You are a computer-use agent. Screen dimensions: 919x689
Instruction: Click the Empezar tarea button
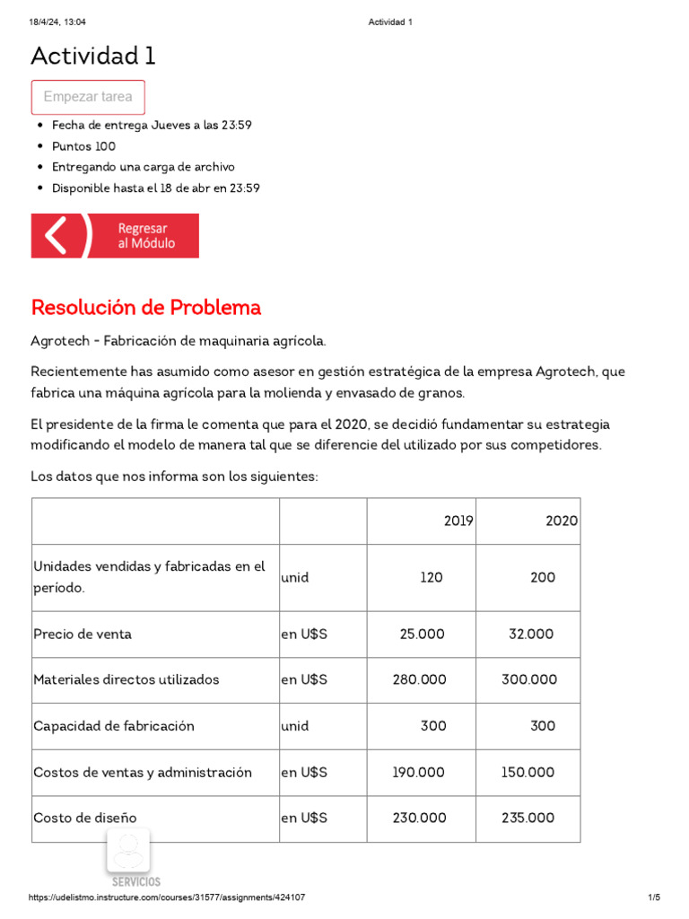88,97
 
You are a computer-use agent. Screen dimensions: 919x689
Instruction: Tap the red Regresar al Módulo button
115,236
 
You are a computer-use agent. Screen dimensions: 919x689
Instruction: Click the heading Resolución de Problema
146,308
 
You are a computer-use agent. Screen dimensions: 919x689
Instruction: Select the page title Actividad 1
93,57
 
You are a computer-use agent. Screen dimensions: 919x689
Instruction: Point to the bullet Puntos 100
83,146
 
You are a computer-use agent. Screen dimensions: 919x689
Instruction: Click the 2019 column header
458,521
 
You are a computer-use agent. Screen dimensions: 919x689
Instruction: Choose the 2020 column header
562,521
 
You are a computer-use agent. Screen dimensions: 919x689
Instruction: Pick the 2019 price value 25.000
422,635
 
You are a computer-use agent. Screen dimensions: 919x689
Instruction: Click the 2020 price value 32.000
530,635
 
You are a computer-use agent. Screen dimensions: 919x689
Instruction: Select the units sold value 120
431,578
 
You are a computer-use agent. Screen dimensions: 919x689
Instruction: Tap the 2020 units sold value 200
542,578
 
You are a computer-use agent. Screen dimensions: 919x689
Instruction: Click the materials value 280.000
419,680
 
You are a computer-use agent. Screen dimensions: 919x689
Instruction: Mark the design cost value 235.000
528,818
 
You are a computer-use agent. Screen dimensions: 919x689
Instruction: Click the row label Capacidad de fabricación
114,726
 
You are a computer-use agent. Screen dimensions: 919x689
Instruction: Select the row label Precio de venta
83,635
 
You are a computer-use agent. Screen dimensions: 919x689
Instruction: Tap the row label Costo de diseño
85,818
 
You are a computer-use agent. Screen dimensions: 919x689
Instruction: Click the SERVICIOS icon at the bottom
128,857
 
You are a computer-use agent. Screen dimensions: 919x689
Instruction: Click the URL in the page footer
167,897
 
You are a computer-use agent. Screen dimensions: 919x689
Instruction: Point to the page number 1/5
653,897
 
